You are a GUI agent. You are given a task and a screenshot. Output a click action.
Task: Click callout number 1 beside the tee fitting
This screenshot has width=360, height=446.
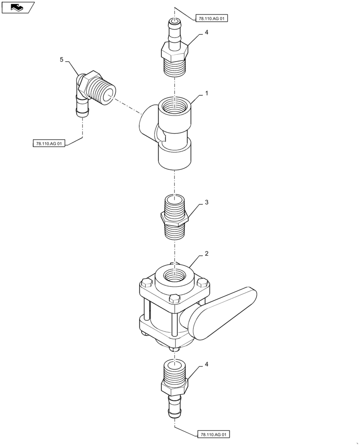(207, 93)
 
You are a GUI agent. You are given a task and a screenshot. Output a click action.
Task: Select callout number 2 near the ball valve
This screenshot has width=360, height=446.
(206, 254)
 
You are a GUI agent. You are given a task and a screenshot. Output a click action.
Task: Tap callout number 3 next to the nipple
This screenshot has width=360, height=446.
(206, 202)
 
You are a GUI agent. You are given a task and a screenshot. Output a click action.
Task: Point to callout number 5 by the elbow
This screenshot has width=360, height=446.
(62, 59)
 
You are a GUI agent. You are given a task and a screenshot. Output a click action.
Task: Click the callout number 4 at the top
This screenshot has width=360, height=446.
(206, 33)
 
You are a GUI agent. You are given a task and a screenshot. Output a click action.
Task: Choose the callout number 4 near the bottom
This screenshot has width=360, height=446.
(206, 364)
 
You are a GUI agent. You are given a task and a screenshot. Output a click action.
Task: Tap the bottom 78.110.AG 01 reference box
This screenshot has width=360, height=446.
(213, 434)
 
